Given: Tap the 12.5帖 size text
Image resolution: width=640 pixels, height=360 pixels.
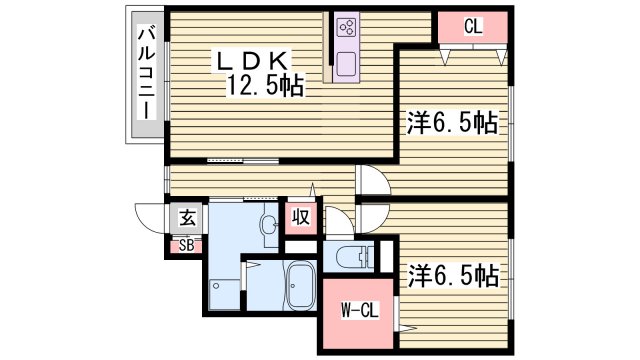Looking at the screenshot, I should coord(263,86).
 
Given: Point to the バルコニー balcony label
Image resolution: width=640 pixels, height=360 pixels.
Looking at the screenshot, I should coord(145,72).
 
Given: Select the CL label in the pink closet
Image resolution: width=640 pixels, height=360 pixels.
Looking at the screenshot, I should coord(473,28).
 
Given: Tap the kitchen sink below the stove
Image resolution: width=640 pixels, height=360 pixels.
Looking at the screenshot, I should coord(348,65).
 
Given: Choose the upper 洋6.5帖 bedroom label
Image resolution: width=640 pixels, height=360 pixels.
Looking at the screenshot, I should coord(452,123).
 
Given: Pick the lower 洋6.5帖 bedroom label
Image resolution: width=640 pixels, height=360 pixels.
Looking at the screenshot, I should coord(452,272).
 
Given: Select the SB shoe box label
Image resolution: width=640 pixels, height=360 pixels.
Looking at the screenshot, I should coord(187,245).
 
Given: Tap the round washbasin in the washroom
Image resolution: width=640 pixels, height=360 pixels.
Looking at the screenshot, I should coord(267,226).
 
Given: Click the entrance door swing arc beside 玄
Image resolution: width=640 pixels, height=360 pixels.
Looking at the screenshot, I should coord(150,216).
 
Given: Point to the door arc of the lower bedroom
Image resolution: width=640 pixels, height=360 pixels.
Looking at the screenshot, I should coord(373,216).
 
